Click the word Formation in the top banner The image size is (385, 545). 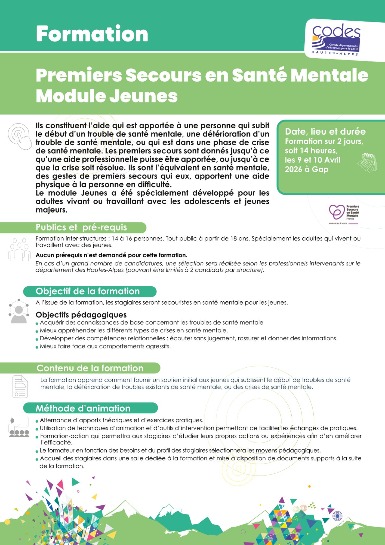tap(92, 34)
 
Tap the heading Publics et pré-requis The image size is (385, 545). tap(81, 227)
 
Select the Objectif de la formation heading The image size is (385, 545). tap(88, 291)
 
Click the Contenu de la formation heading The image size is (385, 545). tap(90, 368)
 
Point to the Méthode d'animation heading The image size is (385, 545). tap(83, 408)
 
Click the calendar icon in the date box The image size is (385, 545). tap(367, 163)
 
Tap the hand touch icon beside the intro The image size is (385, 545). tap(20, 136)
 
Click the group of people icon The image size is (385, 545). tap(19, 249)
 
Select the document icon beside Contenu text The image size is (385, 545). tap(20, 386)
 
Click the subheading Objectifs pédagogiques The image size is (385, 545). tap(81, 315)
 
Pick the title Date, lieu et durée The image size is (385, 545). tap(325, 132)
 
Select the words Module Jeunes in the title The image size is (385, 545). tap(107, 96)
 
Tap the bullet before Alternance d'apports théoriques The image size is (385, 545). tap(37, 421)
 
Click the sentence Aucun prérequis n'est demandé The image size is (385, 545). tap(111, 255)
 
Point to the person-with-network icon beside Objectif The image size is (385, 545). tap(19, 311)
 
